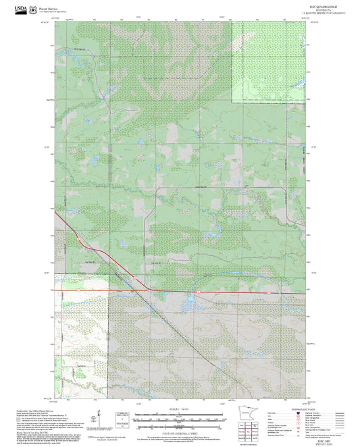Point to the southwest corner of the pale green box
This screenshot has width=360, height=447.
coord(232,102)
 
